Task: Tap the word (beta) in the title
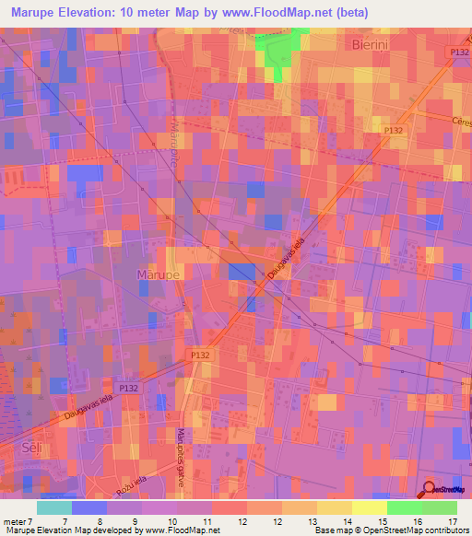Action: click(x=375, y=13)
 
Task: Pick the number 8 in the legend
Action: click(x=100, y=521)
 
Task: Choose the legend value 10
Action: click(x=171, y=521)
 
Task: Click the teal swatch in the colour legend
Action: click(x=54, y=507)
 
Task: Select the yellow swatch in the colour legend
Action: click(x=369, y=507)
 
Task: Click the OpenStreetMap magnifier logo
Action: click(x=430, y=489)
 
